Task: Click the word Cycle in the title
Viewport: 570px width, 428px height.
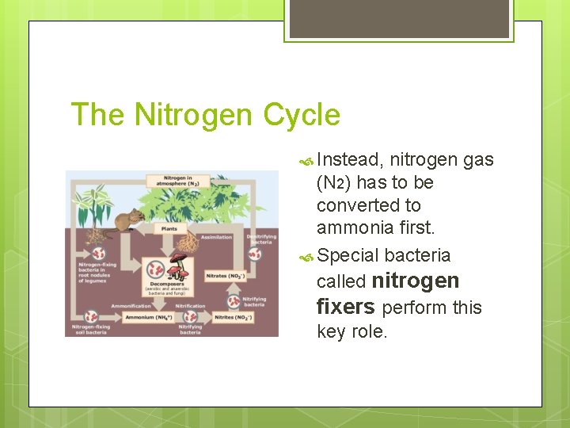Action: point(302,116)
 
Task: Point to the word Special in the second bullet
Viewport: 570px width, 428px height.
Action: point(348,255)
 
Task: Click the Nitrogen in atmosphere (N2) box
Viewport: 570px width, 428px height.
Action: point(181,182)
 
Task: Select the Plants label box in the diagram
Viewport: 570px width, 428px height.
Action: point(169,228)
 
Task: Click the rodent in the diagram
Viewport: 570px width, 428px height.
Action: point(125,220)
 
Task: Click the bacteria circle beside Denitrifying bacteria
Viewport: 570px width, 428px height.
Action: point(254,254)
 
